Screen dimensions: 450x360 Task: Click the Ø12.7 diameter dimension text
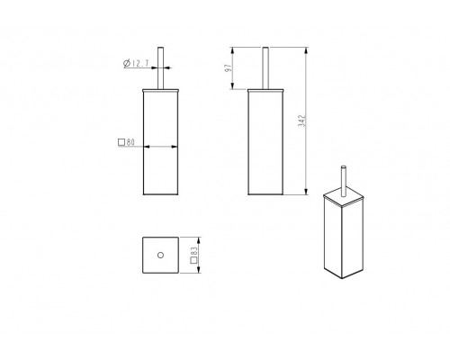point(136,63)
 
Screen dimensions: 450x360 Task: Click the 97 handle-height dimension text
point(229,68)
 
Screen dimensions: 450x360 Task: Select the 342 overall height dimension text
point(301,121)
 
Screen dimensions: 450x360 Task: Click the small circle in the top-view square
point(160,256)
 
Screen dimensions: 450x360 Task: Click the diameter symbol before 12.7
point(126,63)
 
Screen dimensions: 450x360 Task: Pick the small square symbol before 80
point(121,142)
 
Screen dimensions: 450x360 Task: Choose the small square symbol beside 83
point(193,260)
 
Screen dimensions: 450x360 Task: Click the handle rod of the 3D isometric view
point(344,181)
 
